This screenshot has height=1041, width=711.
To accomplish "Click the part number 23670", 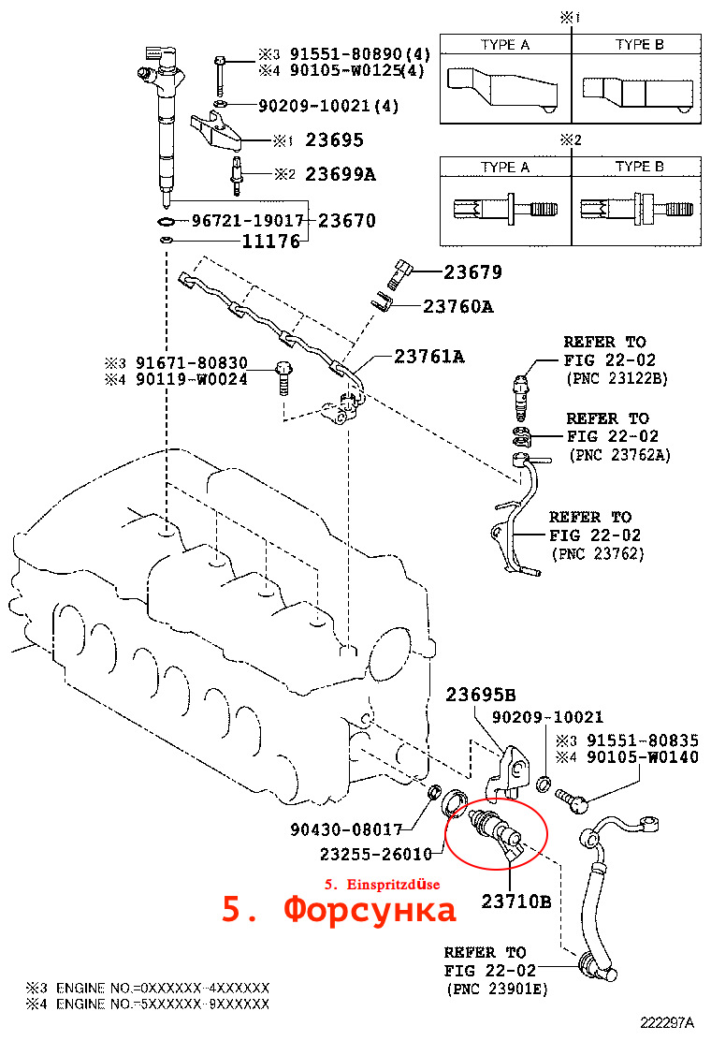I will [347, 222].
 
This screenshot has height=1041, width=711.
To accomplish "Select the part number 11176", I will [270, 242].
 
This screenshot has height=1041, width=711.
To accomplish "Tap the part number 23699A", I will [341, 174].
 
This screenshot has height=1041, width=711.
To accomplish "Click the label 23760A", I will [457, 306].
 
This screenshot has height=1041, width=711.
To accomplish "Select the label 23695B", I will [480, 695].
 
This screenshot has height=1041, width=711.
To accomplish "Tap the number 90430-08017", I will [346, 829].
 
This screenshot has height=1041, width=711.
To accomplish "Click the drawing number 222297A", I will [668, 1024].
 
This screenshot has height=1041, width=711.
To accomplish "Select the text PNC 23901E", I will [498, 990].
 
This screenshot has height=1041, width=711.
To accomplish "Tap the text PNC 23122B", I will [617, 379].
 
